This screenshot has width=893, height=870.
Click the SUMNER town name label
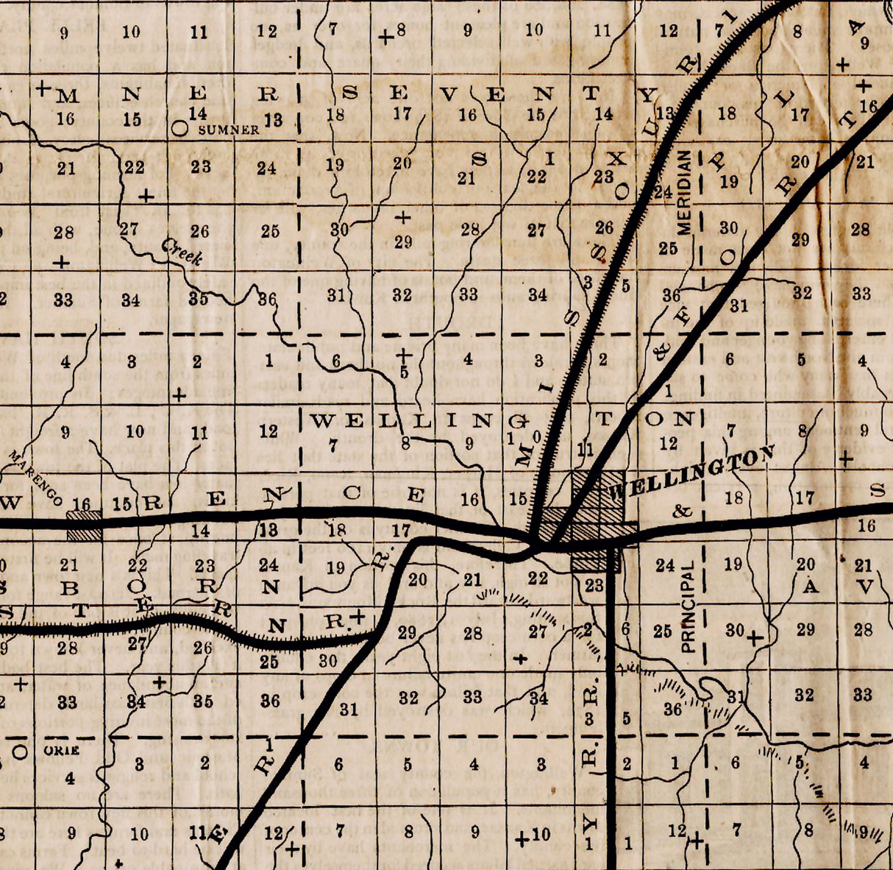pos(230,130)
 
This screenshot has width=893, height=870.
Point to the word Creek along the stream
pos(182,253)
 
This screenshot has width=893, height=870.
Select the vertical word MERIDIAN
pos(685,193)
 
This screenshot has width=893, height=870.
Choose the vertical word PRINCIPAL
pos(688,608)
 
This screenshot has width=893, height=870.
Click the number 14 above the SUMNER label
pos(198,113)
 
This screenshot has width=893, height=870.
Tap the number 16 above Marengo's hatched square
pos(82,503)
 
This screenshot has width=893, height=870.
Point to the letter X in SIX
pos(618,158)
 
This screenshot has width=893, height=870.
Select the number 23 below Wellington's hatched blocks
pos(594,585)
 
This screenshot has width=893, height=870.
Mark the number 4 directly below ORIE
pos(69,778)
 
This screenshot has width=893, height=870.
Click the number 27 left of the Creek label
pos(129,229)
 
